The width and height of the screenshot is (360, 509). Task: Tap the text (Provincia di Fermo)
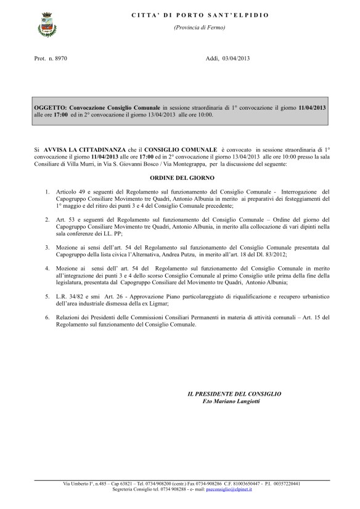coord(191,28)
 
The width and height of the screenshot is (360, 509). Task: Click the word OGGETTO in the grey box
coord(50,108)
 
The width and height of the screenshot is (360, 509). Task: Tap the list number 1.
coord(47,192)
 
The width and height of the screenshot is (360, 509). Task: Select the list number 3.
coord(47,246)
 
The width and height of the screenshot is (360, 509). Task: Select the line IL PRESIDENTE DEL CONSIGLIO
coord(234,393)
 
